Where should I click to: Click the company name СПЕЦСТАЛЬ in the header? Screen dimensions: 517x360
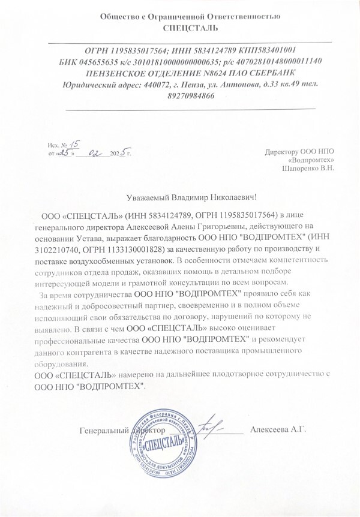click(190, 28)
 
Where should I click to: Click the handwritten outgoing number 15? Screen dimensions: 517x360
click(75, 143)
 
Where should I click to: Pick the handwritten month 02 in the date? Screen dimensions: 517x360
click(95, 153)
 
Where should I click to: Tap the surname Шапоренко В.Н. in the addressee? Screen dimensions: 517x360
click(308, 169)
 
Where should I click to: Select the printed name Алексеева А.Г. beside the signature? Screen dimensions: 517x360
click(278, 429)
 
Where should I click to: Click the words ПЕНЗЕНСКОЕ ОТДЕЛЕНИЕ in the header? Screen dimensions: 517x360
click(138, 73)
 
